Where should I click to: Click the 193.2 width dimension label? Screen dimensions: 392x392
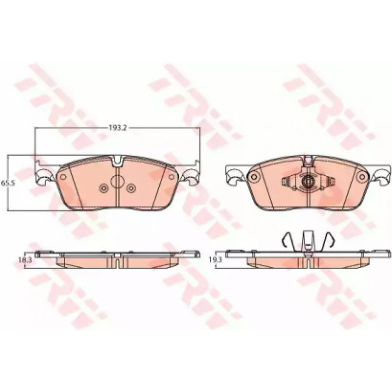[x=118, y=128]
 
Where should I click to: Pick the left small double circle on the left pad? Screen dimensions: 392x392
[x=103, y=188]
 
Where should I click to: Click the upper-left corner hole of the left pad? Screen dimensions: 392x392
[x=63, y=177]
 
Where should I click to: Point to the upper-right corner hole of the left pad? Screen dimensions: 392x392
[x=171, y=177]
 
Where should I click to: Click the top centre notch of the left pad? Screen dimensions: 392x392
[x=117, y=161]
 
